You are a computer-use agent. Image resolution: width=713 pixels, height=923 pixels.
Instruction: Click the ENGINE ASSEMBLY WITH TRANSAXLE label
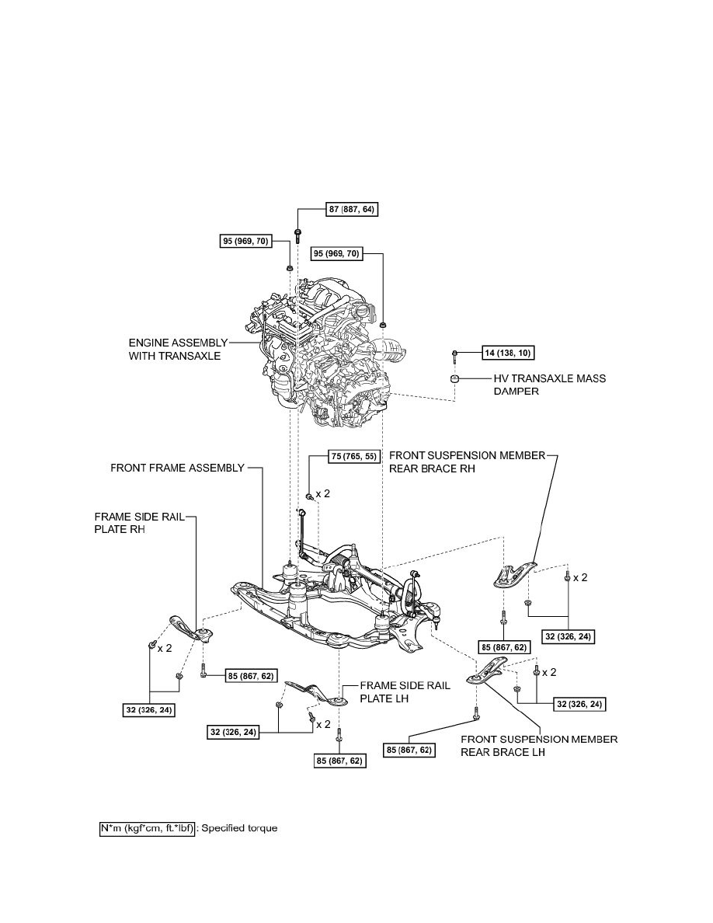(x=178, y=349)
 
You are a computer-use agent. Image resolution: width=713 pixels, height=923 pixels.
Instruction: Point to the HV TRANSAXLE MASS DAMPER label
(x=550, y=385)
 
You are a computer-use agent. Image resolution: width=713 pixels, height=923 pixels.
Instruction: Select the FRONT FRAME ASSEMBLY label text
(x=177, y=468)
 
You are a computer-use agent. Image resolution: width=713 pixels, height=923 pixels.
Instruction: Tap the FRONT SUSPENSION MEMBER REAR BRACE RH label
(x=467, y=462)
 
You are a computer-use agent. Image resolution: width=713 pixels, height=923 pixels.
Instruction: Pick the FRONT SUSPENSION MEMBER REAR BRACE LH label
(x=539, y=745)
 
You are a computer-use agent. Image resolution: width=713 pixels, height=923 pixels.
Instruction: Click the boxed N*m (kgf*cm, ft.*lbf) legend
(x=146, y=828)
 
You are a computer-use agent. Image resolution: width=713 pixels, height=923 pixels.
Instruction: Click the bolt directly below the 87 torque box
(x=298, y=235)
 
